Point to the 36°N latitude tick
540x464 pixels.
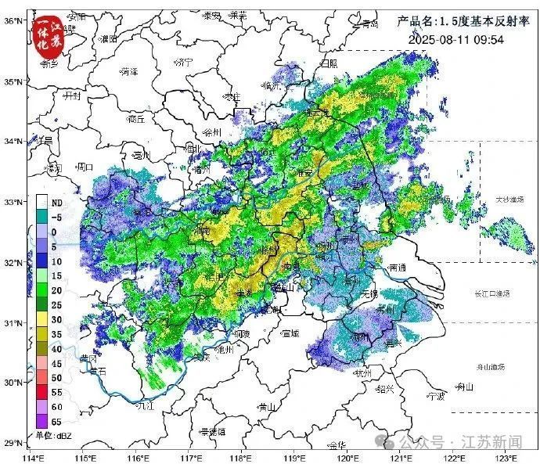coord(11,20)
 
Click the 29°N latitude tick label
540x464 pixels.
coord(11,444)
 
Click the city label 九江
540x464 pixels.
coord(146,406)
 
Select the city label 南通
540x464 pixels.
coord(397,267)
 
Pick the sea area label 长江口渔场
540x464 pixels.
coord(492,293)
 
